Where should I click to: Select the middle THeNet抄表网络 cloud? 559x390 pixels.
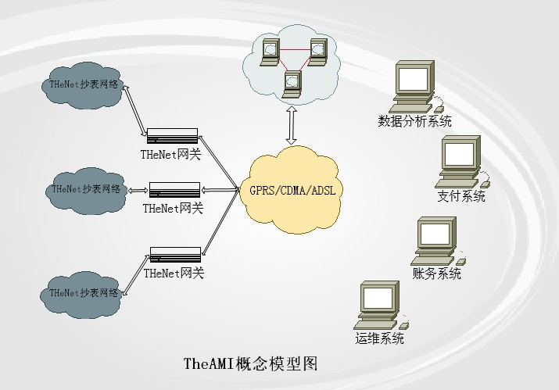86,189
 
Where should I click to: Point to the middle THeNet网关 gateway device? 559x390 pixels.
174,190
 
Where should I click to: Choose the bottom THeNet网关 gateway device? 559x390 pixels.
175,255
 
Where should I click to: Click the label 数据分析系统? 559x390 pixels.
414,121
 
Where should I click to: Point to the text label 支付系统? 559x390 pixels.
461,196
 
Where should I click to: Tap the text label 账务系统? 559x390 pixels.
437,274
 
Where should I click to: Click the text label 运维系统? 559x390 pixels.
379,339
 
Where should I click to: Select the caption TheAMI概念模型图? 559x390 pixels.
250,363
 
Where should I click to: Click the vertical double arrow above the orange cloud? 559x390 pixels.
292,125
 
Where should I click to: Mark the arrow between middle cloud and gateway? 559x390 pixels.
138,190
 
